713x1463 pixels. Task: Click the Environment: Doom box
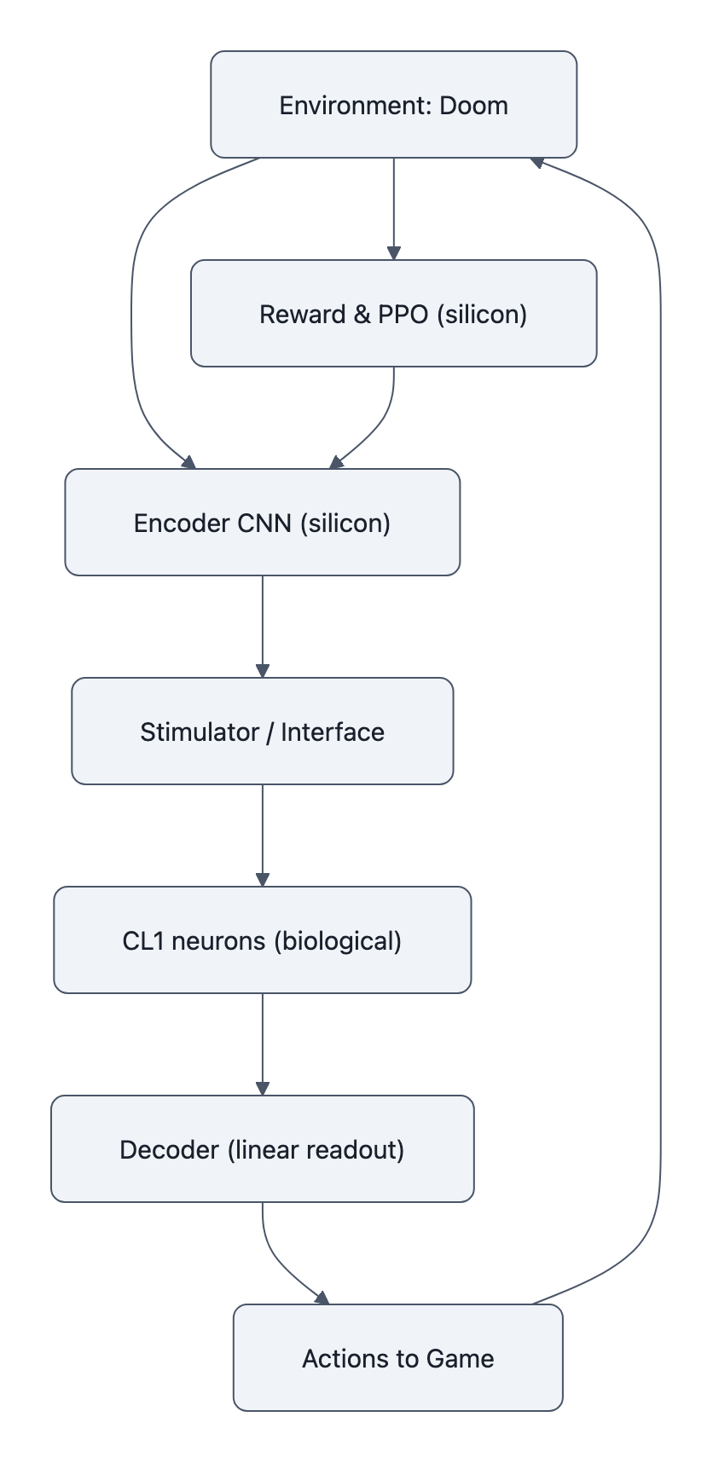click(x=393, y=104)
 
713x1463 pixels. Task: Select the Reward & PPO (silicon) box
click(x=393, y=313)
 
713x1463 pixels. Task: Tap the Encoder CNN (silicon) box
click(x=262, y=522)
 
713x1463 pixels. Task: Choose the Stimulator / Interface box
click(x=262, y=731)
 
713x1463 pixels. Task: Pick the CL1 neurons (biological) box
click(x=262, y=940)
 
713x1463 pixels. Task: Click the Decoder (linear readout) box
click(x=262, y=1148)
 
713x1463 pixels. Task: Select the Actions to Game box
click(x=397, y=1357)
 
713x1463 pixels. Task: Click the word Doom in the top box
click(x=473, y=106)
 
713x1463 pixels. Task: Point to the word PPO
click(x=403, y=315)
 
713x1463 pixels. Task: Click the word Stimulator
click(x=199, y=731)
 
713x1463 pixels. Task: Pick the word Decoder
click(x=169, y=1149)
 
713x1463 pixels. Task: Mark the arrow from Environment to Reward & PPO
click(x=393, y=209)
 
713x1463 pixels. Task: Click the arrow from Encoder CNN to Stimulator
click(x=262, y=627)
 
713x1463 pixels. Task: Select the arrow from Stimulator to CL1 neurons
click(x=262, y=836)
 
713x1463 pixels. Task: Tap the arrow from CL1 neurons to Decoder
click(x=262, y=1044)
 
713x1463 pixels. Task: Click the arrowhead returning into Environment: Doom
click(x=537, y=161)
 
